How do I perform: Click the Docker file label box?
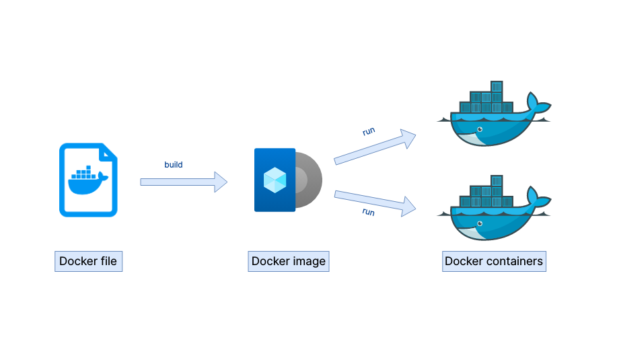[x=88, y=261]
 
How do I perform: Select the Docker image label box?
[x=288, y=261]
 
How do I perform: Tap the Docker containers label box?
[x=494, y=261]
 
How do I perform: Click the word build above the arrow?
[x=174, y=165]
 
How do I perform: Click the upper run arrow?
[x=374, y=148]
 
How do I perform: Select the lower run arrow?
[x=374, y=202]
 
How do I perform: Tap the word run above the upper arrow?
[x=369, y=131]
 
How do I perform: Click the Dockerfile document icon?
[x=88, y=180]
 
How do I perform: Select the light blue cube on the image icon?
[x=275, y=179]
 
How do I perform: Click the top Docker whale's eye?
[x=479, y=129]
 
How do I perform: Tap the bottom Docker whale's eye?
[x=479, y=223]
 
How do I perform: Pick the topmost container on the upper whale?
[x=497, y=86]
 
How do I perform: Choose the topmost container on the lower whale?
[x=497, y=180]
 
